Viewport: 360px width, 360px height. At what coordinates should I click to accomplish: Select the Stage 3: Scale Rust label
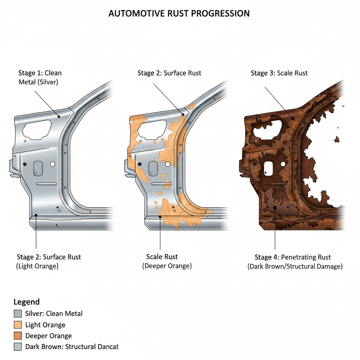(x=279, y=73)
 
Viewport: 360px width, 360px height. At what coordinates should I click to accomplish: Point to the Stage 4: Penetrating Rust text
(x=293, y=257)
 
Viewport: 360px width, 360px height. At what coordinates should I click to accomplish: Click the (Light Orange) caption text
(x=37, y=266)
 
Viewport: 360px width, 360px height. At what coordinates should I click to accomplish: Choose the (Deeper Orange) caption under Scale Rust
(x=167, y=266)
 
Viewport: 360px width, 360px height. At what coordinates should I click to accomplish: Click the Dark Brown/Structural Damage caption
(x=295, y=266)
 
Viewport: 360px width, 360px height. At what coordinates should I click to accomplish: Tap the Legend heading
(x=26, y=302)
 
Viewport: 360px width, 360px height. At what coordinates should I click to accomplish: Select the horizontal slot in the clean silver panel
(x=46, y=184)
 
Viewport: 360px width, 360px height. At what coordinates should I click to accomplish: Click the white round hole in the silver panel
(x=53, y=164)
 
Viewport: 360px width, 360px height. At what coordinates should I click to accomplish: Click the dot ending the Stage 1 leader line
(x=59, y=116)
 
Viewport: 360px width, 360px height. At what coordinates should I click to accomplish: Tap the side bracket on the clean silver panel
(x=13, y=167)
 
